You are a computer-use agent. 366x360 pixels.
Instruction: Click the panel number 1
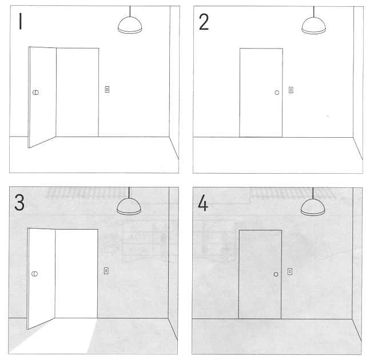(21, 21)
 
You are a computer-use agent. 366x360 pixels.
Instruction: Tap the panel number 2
(204, 22)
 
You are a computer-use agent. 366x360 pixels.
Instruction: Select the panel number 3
(19, 202)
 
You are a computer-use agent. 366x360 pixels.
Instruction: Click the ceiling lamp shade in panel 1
(130, 25)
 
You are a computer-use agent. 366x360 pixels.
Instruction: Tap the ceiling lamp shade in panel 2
(313, 26)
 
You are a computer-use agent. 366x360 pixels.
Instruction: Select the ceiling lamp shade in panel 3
(129, 206)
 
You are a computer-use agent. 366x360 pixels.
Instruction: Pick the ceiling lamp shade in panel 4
(313, 207)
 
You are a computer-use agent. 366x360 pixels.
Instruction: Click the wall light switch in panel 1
(107, 89)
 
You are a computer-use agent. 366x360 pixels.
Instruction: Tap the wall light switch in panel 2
(291, 90)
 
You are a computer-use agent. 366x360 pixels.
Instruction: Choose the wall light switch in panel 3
(106, 271)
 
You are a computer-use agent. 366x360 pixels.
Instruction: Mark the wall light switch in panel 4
(290, 271)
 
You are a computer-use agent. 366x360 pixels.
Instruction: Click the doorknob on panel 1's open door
(35, 93)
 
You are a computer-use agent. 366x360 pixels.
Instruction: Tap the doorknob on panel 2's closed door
(277, 93)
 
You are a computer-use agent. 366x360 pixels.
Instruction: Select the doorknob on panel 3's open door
(34, 274)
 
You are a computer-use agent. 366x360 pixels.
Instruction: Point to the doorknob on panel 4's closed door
(276, 274)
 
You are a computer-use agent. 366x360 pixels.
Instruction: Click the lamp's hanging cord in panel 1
(130, 11)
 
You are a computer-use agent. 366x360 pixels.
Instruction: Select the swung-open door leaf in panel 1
(42, 97)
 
